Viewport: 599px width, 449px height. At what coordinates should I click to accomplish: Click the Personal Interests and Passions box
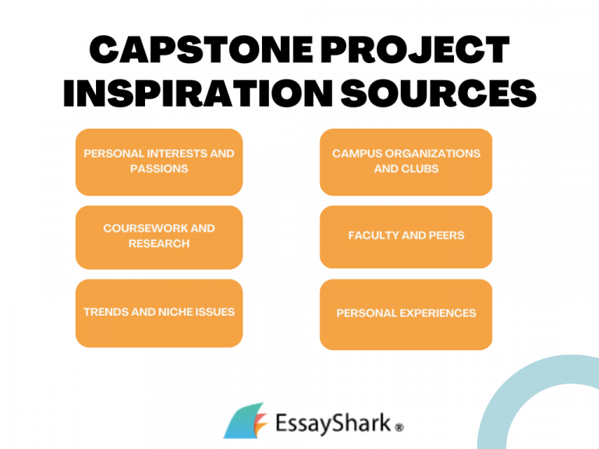(x=159, y=161)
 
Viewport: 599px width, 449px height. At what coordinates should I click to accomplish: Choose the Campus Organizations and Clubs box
(x=406, y=161)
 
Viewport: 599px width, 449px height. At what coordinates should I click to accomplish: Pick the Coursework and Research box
(x=159, y=236)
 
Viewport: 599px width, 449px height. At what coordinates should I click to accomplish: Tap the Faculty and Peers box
(x=406, y=236)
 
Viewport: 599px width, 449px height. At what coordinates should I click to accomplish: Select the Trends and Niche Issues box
(x=159, y=313)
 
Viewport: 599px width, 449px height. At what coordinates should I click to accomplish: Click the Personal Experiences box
(x=406, y=313)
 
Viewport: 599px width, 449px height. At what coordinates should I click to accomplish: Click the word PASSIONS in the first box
(x=159, y=169)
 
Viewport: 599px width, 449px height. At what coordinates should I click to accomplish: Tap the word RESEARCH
(x=159, y=244)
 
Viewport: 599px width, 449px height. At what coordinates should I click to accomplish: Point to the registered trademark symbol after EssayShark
(x=399, y=428)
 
